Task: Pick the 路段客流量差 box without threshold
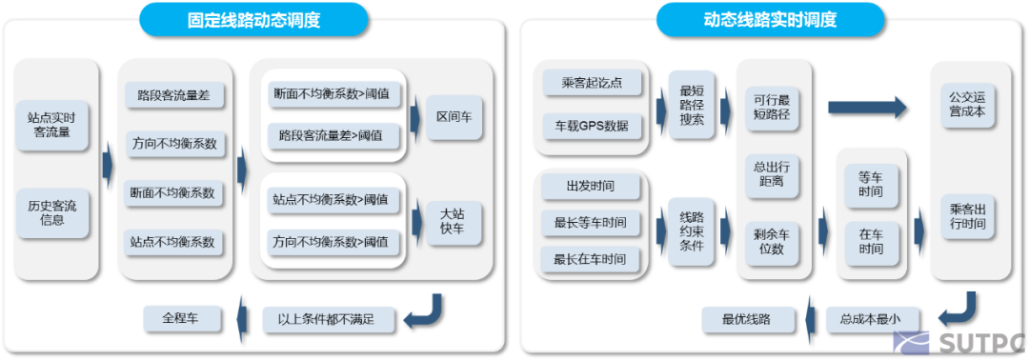click(173, 95)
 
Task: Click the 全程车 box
click(181, 316)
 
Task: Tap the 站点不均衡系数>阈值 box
click(330, 200)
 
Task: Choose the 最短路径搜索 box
click(692, 104)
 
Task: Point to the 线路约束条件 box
click(692, 229)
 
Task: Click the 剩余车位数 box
click(771, 242)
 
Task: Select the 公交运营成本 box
click(967, 105)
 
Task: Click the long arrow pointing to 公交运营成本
click(866, 107)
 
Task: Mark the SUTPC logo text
click(982, 343)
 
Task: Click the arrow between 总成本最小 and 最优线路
click(811, 319)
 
